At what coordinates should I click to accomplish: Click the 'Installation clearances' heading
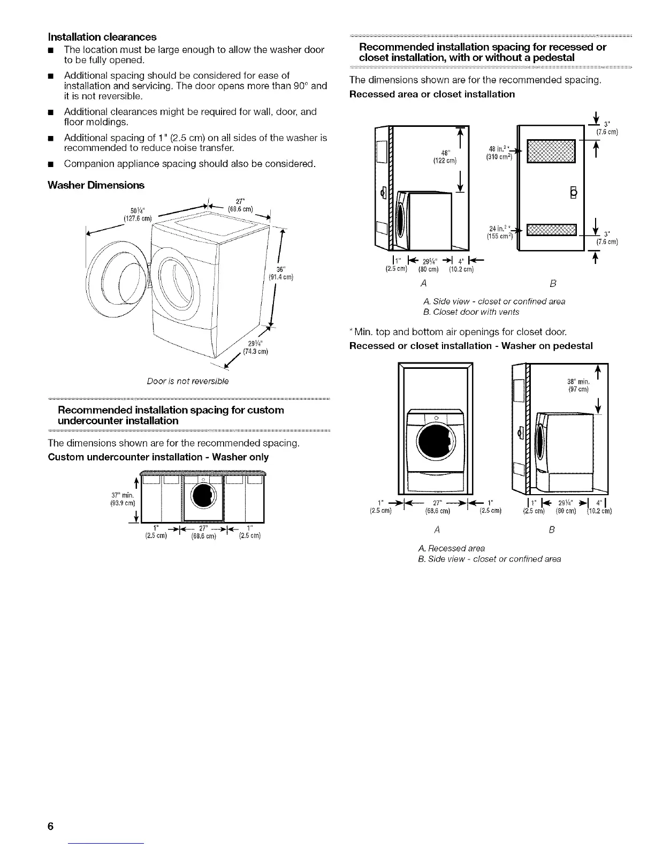pyautogui.click(x=102, y=37)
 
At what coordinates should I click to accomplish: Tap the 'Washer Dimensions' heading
pyautogui.click(x=96, y=185)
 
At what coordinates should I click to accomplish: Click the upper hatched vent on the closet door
pyautogui.click(x=551, y=151)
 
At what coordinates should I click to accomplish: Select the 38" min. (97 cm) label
pyautogui.click(x=578, y=385)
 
